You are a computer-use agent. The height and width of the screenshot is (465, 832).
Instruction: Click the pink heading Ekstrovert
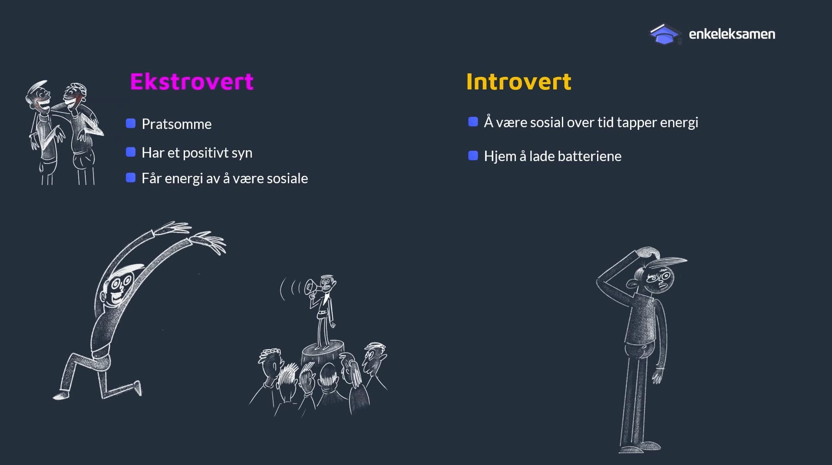click(191, 82)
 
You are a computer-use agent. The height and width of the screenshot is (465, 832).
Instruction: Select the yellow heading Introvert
click(518, 82)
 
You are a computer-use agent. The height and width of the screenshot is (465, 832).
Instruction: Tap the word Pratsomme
click(177, 124)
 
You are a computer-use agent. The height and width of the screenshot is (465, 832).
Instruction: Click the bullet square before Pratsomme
click(131, 123)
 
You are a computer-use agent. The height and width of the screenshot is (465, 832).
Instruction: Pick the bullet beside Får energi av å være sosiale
click(131, 178)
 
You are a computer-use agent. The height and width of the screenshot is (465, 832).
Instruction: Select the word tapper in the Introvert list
click(637, 123)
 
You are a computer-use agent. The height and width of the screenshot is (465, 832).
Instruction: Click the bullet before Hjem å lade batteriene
click(473, 155)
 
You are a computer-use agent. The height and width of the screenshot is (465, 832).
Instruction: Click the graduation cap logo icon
click(665, 34)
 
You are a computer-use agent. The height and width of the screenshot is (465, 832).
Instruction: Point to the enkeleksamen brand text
click(732, 34)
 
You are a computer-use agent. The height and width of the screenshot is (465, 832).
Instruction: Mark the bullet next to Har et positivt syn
click(131, 152)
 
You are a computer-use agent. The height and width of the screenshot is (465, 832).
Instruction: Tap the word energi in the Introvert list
click(679, 123)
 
